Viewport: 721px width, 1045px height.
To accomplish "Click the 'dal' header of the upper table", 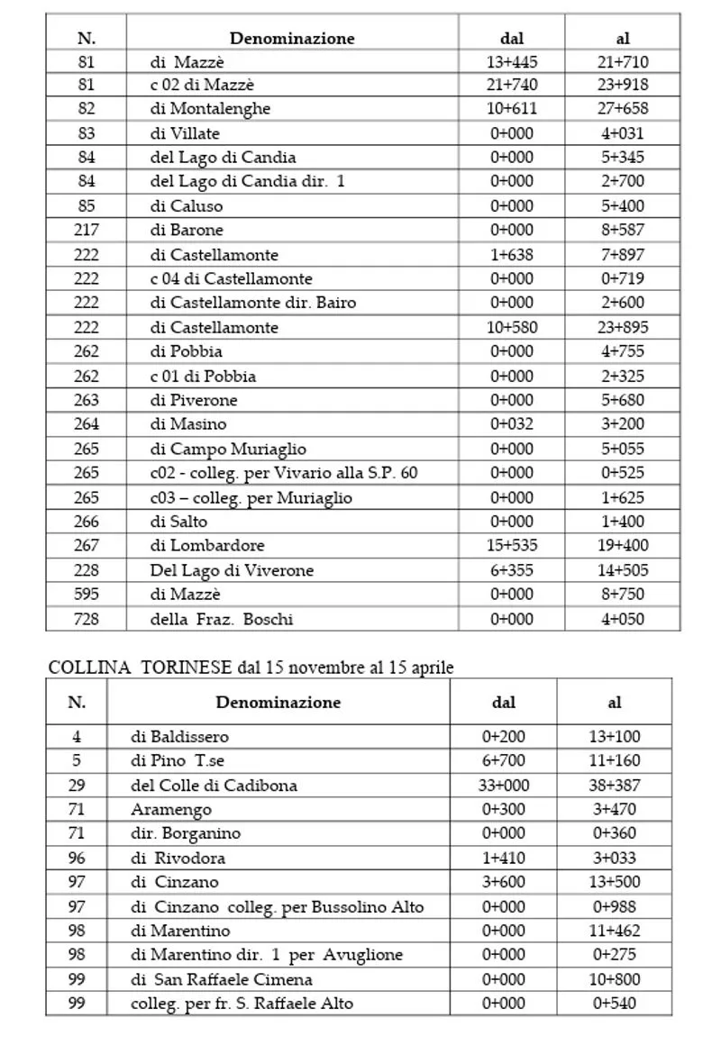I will tap(511, 39).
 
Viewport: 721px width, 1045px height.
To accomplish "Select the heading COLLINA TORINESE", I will tap(140, 668).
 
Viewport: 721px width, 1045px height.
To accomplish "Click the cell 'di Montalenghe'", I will tap(210, 109).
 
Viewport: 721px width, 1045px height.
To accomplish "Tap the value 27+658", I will tap(624, 109).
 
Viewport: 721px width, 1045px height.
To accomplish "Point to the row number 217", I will tap(87, 230).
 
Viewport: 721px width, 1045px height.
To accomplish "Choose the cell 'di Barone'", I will tap(187, 230).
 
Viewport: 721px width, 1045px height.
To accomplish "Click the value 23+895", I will tap(624, 327).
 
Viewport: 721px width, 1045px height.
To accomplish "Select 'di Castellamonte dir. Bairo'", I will tap(252, 303).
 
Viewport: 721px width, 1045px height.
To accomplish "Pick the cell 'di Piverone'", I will tap(194, 400).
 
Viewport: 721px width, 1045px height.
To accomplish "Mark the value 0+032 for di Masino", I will tap(511, 424).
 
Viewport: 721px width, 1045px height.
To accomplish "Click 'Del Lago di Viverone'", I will tap(232, 570).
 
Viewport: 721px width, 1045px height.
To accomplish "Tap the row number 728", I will tap(87, 619).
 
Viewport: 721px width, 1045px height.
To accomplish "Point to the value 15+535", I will tap(511, 545).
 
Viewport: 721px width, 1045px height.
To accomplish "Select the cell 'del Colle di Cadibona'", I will tap(214, 785).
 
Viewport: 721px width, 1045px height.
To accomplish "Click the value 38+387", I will tap(615, 785).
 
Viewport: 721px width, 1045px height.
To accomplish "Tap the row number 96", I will tap(77, 858).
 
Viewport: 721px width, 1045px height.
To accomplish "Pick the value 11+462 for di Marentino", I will tap(615, 931).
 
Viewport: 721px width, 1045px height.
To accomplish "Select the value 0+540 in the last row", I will tap(615, 1003).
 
